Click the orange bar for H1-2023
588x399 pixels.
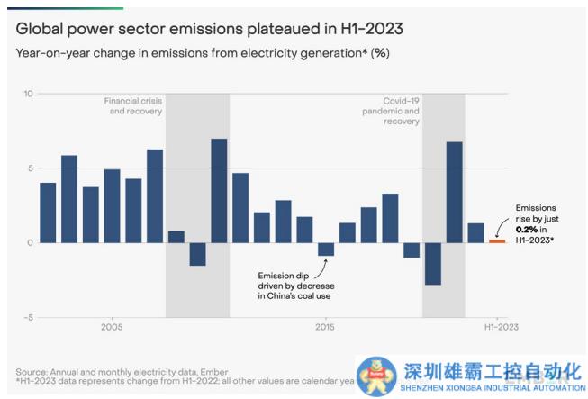(497, 240)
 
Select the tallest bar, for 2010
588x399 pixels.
(219, 190)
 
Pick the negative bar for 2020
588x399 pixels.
(433, 263)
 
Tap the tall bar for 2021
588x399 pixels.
(454, 192)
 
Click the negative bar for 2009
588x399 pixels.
(197, 254)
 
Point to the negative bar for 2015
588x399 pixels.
(326, 249)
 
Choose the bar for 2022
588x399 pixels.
(475, 232)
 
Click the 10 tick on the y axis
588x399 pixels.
(28, 94)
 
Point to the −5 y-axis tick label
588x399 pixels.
(28, 317)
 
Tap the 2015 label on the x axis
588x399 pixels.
(325, 328)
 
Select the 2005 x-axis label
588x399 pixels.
(112, 328)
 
